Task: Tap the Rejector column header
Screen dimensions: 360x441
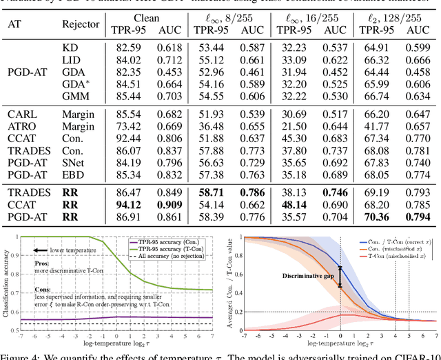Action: tap(81, 23)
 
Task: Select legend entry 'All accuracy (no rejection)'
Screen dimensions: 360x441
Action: tap(169, 257)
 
